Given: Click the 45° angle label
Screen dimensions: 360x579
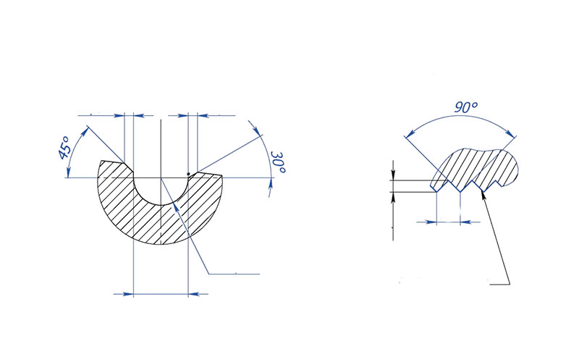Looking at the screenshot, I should (x=63, y=148).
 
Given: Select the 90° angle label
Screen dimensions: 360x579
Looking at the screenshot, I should (x=467, y=107).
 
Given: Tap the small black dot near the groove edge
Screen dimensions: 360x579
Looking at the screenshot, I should (x=188, y=173).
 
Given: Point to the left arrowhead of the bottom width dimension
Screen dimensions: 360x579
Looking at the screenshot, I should (x=131, y=293).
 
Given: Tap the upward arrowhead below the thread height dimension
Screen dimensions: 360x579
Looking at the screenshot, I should (x=393, y=196).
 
